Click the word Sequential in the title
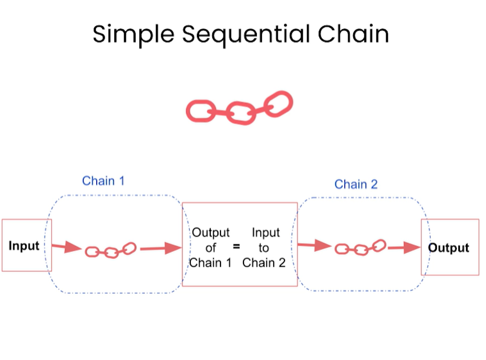pos(245,34)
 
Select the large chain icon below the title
pos(239,108)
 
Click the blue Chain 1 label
pos(103,181)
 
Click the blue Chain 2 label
pos(356,184)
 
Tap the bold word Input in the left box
pos(24,246)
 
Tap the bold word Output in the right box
pos(449,248)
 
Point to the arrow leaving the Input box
pos(65,248)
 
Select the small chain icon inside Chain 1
pos(111,250)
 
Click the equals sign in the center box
pos(236,247)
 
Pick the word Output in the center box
pos(211,233)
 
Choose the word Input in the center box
pos(266,233)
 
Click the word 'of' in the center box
pos(211,248)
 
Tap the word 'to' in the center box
pos(263,248)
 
